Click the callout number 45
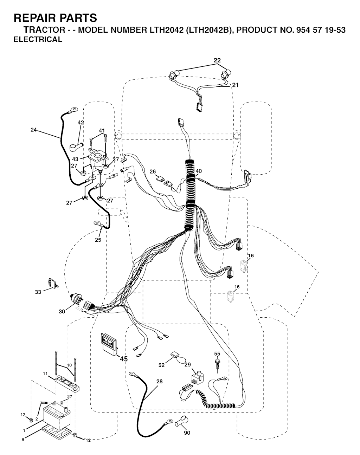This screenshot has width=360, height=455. point(124,359)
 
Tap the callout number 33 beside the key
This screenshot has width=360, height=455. point(38,292)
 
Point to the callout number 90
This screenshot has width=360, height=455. point(187,433)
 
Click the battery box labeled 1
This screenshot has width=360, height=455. point(57,417)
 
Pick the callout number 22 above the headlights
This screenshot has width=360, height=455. point(217,60)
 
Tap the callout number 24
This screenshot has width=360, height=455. point(33,130)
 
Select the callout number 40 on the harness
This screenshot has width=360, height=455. point(199,171)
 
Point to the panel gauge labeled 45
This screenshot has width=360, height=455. point(109,344)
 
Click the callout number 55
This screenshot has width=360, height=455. point(217,353)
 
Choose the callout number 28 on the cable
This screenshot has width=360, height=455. point(160,381)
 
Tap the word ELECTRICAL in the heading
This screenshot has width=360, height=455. point(38,39)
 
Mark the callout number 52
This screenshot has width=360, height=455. point(161,365)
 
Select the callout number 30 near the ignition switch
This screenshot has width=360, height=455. point(62,311)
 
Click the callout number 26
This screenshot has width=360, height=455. point(153,171)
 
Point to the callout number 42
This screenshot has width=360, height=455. point(81,122)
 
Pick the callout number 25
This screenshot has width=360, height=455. point(98,240)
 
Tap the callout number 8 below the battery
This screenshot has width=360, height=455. point(23,440)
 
